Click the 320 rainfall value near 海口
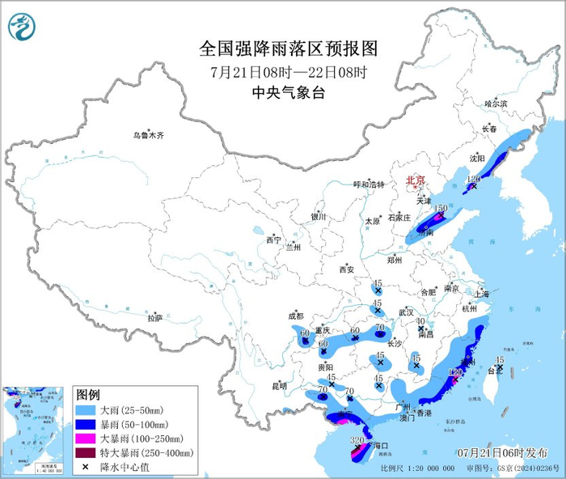tap(357, 440)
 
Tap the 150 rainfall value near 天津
tap(441, 208)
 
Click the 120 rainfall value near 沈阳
tap(474, 178)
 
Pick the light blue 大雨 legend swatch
tap(86, 411)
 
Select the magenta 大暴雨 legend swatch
tap(86, 439)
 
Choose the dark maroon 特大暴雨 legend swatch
tap(86, 452)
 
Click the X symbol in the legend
tap(86, 466)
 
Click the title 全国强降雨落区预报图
tap(288, 50)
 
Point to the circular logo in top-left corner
tap(22, 29)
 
